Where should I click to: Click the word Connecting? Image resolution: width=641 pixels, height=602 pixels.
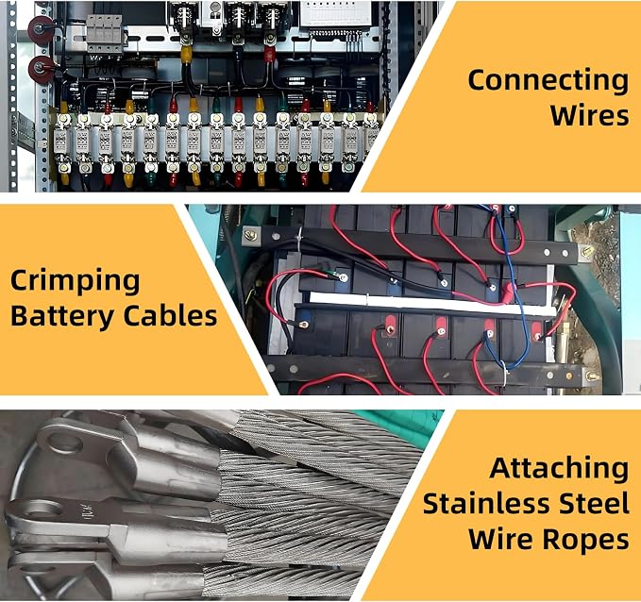[x=548, y=81]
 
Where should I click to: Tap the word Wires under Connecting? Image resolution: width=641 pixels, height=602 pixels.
[x=589, y=115]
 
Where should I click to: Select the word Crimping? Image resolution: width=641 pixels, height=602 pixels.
[x=75, y=282]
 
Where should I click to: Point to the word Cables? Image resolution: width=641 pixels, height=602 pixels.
[x=170, y=315]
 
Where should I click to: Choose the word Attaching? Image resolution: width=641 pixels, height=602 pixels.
[x=559, y=469]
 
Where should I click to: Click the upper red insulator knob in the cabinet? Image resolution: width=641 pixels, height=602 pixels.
[x=41, y=29]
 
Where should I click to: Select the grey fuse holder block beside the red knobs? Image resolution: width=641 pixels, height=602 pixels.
[x=104, y=34]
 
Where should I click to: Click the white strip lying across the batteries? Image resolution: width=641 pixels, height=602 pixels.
[x=432, y=303]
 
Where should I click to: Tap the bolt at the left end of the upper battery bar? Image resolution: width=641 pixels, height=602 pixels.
[x=250, y=235]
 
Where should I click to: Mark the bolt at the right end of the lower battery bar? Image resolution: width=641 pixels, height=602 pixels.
[x=590, y=376]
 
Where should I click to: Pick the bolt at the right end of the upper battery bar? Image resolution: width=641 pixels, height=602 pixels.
[x=586, y=251]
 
